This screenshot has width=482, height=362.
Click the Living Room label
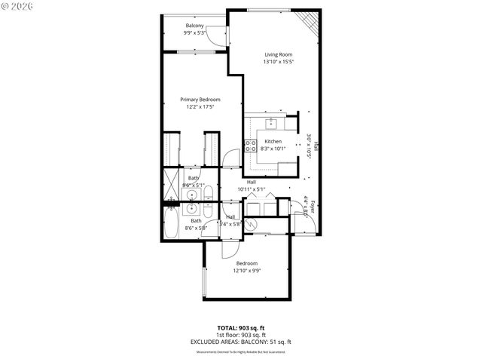pos(278,54)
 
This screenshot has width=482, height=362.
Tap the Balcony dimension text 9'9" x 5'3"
pos(194,33)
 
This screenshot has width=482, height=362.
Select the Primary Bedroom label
pos(200,100)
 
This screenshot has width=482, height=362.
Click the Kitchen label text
pos(273,141)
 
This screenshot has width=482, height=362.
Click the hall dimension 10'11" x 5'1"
pos(252,189)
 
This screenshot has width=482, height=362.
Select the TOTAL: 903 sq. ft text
pos(241,327)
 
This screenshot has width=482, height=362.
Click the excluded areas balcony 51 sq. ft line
pos(241,342)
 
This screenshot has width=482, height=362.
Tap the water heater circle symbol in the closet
pos(255,223)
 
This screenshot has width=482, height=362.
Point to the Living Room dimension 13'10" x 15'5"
pos(278,62)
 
